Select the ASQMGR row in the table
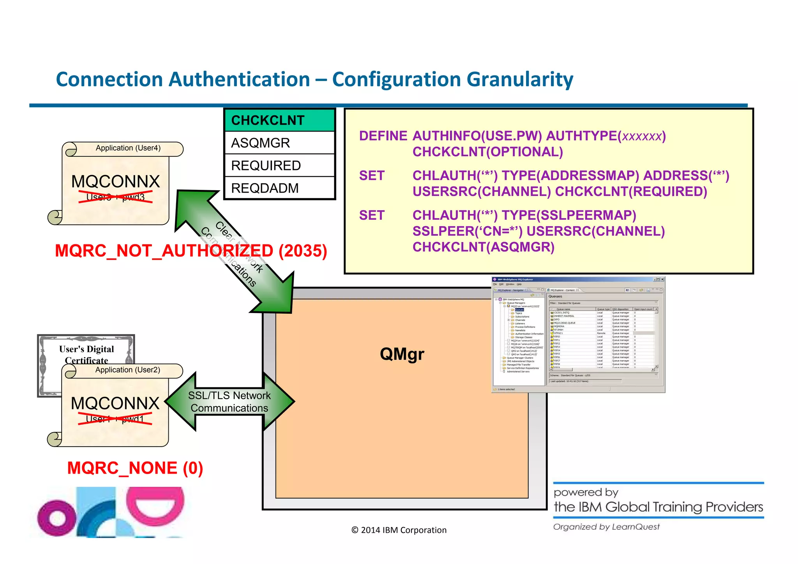pyautogui.click(x=279, y=143)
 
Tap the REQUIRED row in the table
pyautogui.click(x=279, y=166)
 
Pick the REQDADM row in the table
pyautogui.click(x=279, y=188)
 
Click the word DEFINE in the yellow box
pyautogui.click(x=383, y=136)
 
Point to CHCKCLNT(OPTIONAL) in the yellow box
pyautogui.click(x=487, y=152)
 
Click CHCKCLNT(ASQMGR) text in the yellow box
pyautogui.click(x=483, y=247)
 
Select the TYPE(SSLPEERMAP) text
pyautogui.click(x=568, y=215)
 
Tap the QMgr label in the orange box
pyautogui.click(x=402, y=354)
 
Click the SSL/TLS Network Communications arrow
pyautogui.click(x=230, y=402)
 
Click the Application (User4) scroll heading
pyautogui.click(x=128, y=148)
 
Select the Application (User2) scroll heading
pyautogui.click(x=127, y=370)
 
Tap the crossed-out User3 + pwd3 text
pyautogui.click(x=115, y=197)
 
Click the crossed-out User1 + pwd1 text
pyautogui.click(x=115, y=419)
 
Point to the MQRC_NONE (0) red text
pyautogui.click(x=135, y=468)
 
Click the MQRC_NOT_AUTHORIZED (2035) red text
pyautogui.click(x=191, y=251)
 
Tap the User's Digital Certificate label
pyautogui.click(x=87, y=354)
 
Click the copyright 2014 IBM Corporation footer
pyautogui.click(x=399, y=530)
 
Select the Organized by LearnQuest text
pyautogui.click(x=606, y=527)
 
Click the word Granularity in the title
pyautogui.click(x=520, y=80)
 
